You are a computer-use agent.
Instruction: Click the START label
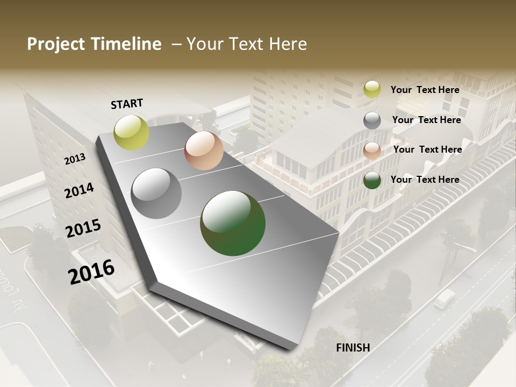click(127, 104)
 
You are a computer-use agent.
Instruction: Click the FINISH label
click(353, 348)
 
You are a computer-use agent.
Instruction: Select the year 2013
click(75, 159)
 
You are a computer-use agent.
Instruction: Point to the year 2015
click(83, 228)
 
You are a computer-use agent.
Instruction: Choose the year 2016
click(91, 271)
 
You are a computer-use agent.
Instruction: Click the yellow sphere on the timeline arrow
click(132, 132)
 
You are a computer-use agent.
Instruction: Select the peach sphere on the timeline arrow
click(204, 150)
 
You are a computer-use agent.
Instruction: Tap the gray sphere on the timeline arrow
click(156, 193)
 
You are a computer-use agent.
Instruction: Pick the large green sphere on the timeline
click(233, 223)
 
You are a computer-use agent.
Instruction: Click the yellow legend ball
click(372, 90)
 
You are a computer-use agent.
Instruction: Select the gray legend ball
click(372, 120)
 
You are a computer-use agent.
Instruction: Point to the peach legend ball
click(372, 150)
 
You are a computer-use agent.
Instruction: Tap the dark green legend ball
click(372, 180)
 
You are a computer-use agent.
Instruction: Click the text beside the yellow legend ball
click(425, 90)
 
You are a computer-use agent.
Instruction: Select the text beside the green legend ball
click(425, 180)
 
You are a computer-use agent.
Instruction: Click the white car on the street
click(445, 298)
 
